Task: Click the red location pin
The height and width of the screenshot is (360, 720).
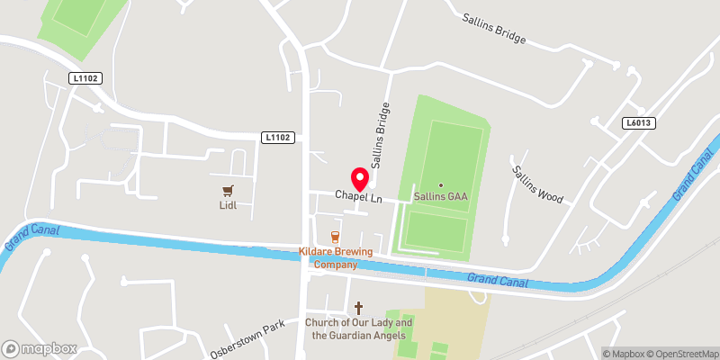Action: click(x=358, y=178)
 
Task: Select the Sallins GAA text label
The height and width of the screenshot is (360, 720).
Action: click(x=440, y=196)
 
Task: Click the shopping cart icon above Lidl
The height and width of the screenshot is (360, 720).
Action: click(x=227, y=190)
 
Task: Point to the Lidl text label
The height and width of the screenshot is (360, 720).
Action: click(x=227, y=205)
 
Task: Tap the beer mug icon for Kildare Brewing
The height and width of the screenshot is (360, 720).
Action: click(x=335, y=238)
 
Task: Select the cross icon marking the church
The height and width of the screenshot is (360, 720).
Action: click(x=358, y=307)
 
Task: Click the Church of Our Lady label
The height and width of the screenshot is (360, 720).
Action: click(x=358, y=329)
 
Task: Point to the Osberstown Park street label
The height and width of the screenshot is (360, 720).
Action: click(x=247, y=339)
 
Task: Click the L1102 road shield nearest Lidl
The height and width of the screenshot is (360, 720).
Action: click(x=278, y=137)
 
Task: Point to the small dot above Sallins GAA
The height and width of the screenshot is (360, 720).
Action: click(x=440, y=184)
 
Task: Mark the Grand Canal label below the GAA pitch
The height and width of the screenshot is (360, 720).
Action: click(x=494, y=281)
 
